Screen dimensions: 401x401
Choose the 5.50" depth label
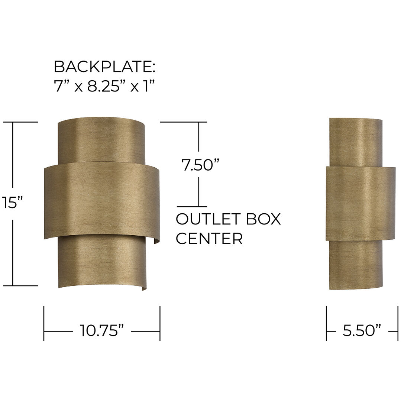click(x=362, y=330)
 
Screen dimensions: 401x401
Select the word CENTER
click(x=209, y=239)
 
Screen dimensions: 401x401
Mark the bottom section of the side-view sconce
click(x=356, y=266)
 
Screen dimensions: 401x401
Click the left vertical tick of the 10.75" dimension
click(x=44, y=323)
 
